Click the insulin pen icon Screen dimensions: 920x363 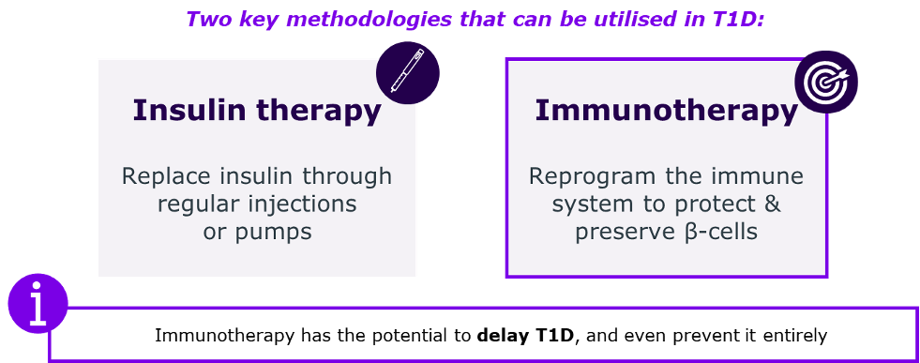point(407,73)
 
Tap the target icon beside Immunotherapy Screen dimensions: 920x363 point(826,83)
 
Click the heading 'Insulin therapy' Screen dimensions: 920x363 point(257,111)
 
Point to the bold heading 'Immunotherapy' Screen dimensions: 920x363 point(666,111)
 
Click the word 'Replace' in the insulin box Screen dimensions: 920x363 point(158,176)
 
